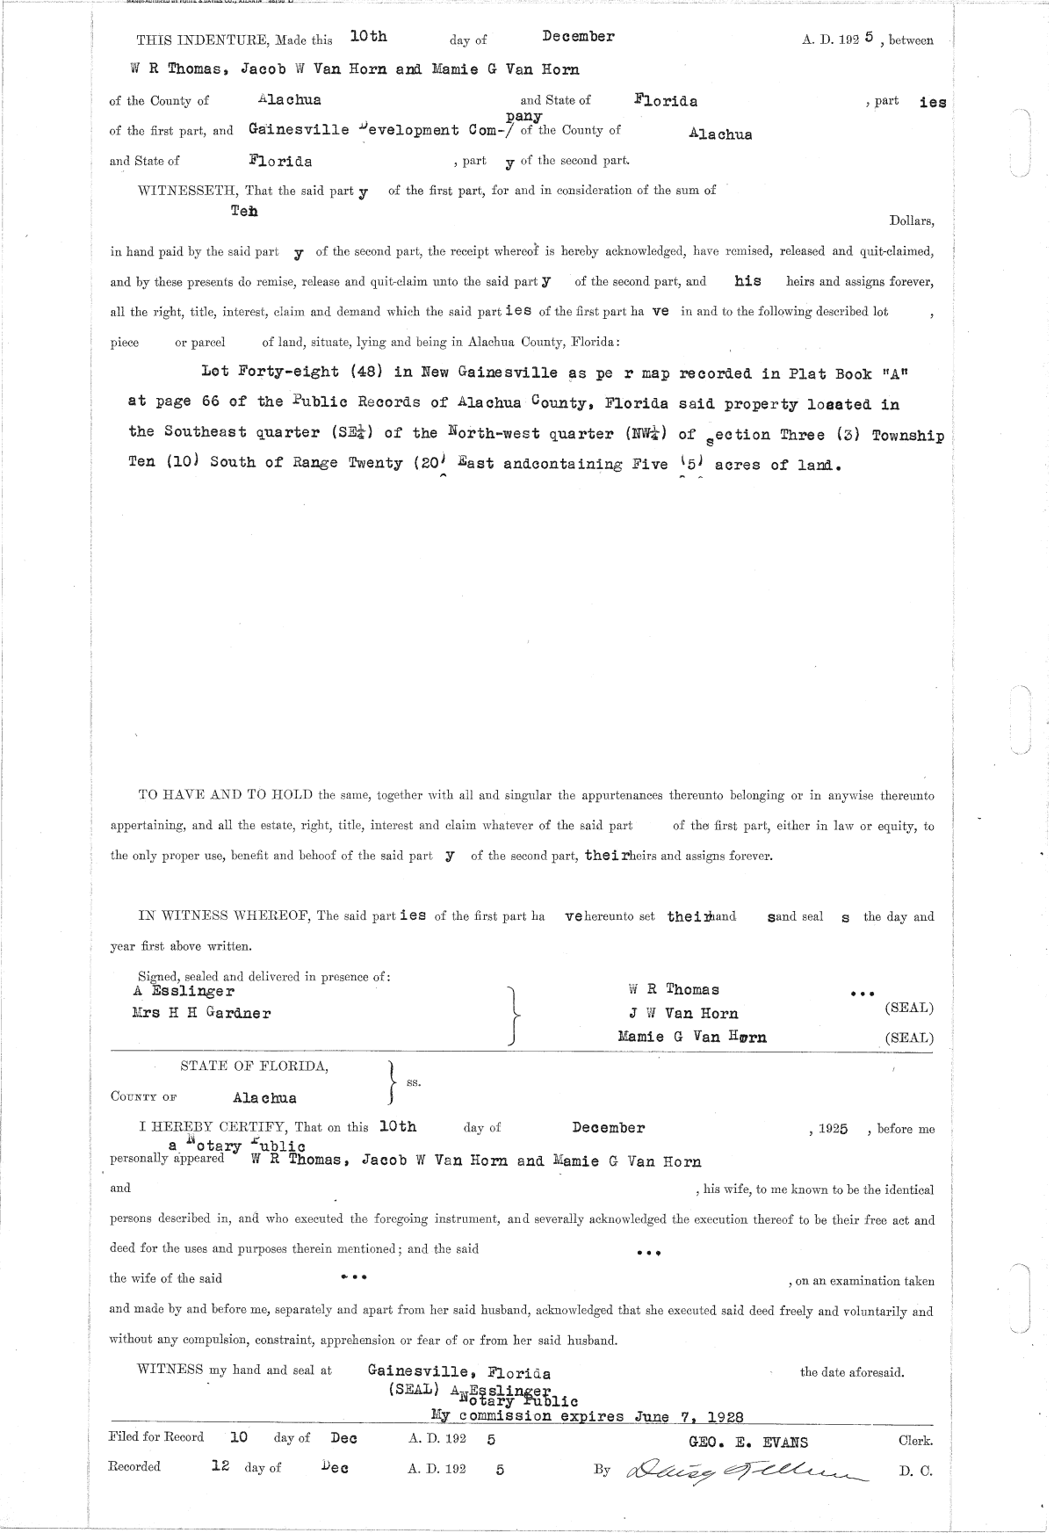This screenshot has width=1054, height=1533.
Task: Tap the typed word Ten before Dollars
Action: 244,211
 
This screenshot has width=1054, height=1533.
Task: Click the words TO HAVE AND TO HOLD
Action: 227,796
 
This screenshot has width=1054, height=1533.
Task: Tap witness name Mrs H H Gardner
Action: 201,1013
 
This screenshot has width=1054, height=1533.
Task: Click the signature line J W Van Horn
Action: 676,1014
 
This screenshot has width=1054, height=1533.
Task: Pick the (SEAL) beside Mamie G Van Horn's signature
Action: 909,1038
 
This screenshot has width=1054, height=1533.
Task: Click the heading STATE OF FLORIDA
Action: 255,1067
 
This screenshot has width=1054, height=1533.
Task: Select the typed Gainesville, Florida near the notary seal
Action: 459,1373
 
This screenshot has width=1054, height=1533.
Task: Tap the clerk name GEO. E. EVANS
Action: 750,1442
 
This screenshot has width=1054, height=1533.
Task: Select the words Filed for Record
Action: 156,1438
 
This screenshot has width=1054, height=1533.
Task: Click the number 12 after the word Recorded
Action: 220,1467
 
